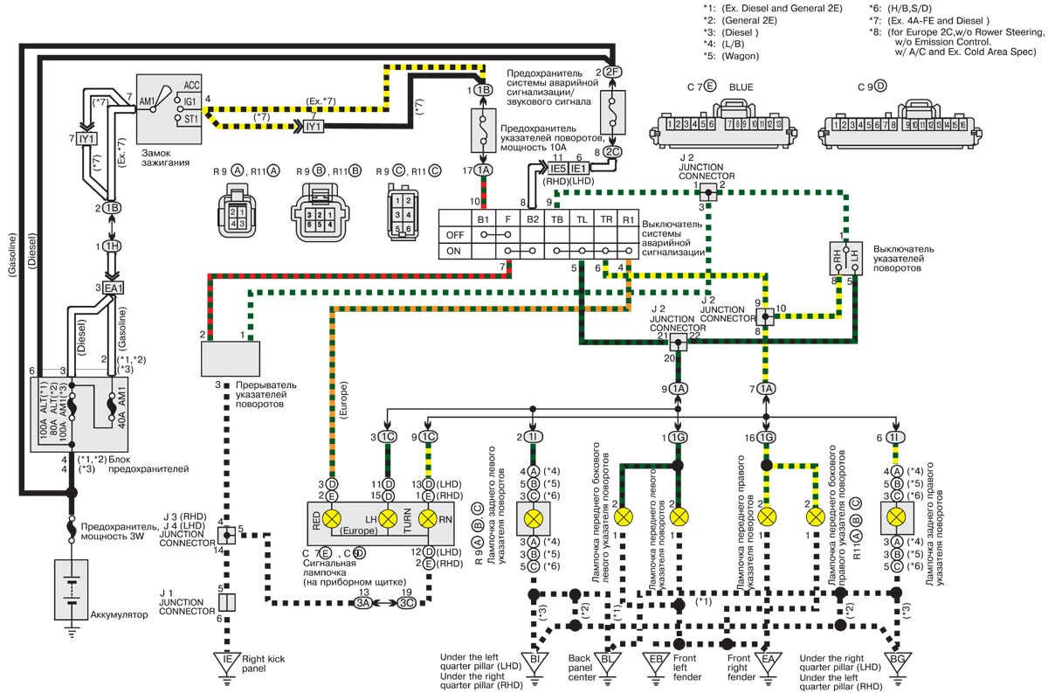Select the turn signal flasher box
pos(231,358)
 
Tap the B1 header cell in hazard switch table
pos(482,218)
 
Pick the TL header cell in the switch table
pos(581,218)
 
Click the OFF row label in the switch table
pos(454,234)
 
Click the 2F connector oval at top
pos(612,72)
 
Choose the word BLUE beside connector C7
pos(741,87)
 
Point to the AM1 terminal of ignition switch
pos(147,101)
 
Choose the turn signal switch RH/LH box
pos(843,259)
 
